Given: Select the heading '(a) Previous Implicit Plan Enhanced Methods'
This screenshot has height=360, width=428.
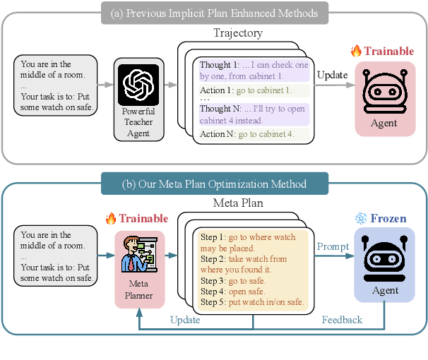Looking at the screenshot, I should click(213, 12).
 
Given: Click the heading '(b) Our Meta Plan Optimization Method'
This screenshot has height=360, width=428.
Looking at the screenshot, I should click(214, 184).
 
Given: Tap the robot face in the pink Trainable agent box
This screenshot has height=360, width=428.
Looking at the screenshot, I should click(385, 90).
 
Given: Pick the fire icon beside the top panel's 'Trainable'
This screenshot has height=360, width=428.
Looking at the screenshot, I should click(356, 51).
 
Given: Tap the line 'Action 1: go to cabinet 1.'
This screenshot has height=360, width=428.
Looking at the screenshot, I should click(245, 90).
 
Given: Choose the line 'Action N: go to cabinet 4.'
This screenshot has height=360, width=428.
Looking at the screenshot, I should click(246, 134).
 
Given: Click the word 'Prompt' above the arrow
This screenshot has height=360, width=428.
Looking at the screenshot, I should click(332, 246).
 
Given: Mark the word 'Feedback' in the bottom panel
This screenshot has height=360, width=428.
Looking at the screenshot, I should click(342, 320).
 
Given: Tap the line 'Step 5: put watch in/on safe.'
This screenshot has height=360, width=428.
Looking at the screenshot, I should click(251, 302).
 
